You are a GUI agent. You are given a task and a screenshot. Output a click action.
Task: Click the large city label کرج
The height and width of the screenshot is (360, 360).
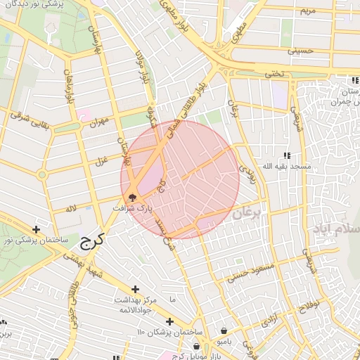91,243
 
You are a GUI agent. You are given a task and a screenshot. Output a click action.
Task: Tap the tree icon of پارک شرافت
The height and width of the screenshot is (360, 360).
132,198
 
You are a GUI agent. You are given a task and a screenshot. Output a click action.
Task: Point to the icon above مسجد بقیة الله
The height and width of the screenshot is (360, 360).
286,155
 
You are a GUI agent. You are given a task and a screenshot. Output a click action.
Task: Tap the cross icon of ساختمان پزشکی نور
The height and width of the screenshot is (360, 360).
36,229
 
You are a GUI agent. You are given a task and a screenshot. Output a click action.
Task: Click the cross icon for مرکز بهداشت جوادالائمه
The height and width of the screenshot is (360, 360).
135,289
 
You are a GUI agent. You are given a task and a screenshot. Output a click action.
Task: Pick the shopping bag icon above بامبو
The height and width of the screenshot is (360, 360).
224,330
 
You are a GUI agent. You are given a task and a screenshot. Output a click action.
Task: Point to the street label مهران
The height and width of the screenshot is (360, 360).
98,122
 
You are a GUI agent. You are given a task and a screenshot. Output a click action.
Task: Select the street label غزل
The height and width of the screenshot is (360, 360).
101,161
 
